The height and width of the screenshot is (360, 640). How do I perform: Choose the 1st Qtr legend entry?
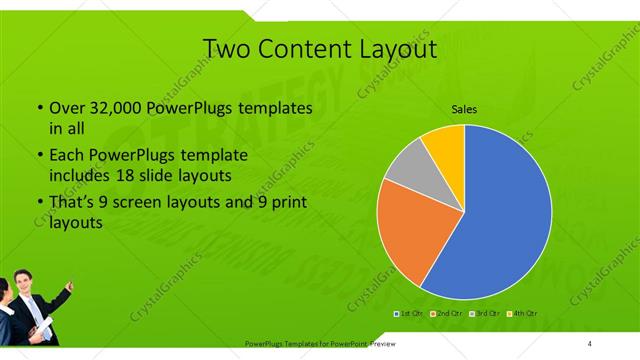[x=410, y=314]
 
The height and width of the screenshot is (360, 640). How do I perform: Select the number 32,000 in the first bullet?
[x=113, y=108]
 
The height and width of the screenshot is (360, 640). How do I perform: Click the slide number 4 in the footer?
[x=590, y=344]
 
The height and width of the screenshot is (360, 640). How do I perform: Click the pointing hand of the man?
[x=69, y=288]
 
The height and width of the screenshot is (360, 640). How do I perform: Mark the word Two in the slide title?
[x=225, y=48]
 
